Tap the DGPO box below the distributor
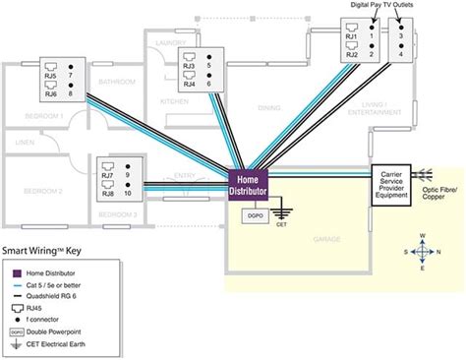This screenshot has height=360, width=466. [254, 215]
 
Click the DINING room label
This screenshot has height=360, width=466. [269, 107]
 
